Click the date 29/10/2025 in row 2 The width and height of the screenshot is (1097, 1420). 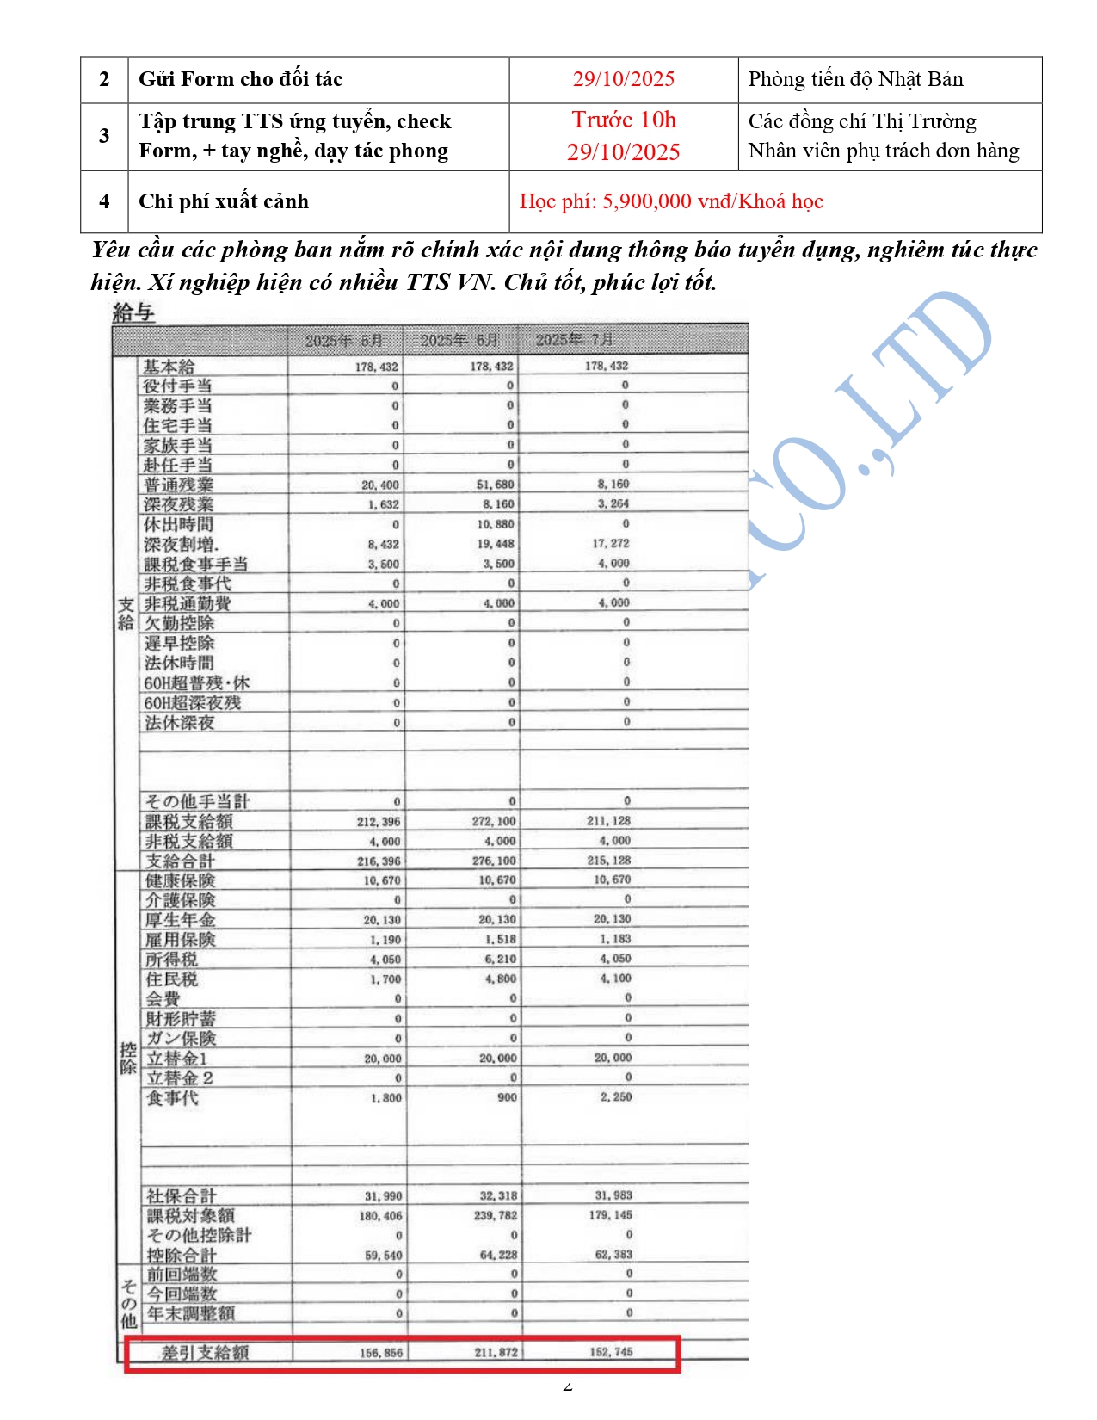pyautogui.click(x=624, y=79)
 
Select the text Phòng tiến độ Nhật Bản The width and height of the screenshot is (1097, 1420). pyautogui.click(x=855, y=79)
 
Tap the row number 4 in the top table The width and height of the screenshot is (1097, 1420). pyautogui.click(x=104, y=201)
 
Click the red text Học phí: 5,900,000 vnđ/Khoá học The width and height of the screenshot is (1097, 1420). pyautogui.click(x=671, y=201)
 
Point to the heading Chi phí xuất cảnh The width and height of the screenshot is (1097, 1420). pyautogui.click(x=224, y=201)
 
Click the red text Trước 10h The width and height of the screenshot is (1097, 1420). pyautogui.click(x=624, y=120)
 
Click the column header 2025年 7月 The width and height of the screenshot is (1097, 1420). pyautogui.click(x=575, y=340)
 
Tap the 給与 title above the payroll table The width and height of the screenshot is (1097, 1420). pyautogui.click(x=133, y=312)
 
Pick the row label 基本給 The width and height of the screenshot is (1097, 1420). pyautogui.click(x=169, y=367)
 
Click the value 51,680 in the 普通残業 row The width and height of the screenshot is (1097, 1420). pyautogui.click(x=496, y=485)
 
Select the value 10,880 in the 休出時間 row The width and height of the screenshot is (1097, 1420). pyautogui.click(x=496, y=524)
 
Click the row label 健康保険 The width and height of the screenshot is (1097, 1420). pyautogui.click(x=180, y=880)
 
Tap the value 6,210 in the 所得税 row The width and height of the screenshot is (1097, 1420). pyautogui.click(x=500, y=959)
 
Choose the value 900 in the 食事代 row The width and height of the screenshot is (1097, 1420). pyautogui.click(x=507, y=1097)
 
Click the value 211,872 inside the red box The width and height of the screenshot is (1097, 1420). pyautogui.click(x=496, y=1352)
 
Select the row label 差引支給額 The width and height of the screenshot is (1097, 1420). pyautogui.click(x=206, y=1352)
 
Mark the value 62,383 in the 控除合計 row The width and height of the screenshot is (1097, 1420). pyautogui.click(x=613, y=1255)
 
